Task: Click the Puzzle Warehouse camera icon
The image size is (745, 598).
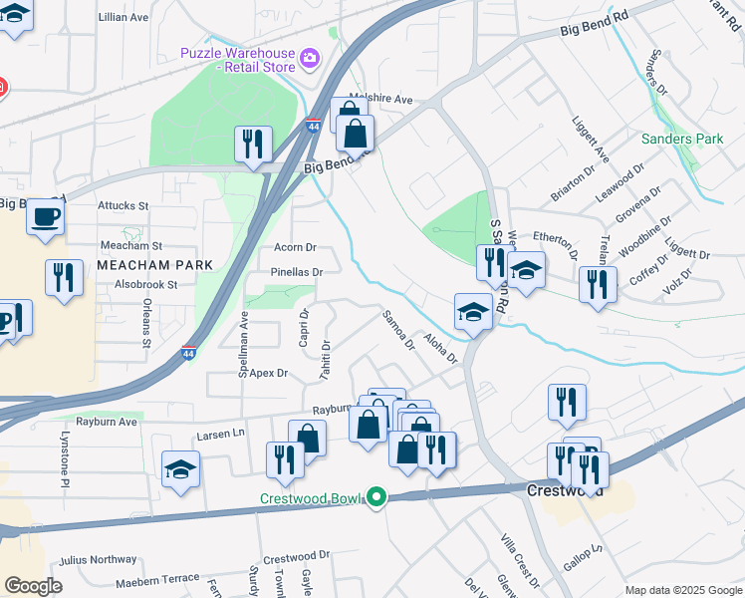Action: pos(310,59)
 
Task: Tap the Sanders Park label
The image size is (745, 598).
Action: pos(682,139)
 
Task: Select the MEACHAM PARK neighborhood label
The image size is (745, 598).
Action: pos(155,265)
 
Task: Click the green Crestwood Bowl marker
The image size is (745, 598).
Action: pos(375,495)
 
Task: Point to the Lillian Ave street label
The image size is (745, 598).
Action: pos(124,18)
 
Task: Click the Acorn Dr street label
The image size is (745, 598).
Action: pos(295,247)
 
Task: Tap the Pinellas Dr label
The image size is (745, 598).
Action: pos(297,271)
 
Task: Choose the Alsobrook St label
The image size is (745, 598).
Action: pos(145,284)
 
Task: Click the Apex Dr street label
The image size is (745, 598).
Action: pos(268,373)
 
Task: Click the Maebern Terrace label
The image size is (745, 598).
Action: pos(157,578)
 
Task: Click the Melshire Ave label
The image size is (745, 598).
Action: pos(380,99)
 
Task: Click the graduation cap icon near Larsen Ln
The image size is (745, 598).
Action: pos(181,469)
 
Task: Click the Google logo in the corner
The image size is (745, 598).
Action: pos(34,586)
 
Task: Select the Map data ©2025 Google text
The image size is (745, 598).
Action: pos(682,589)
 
